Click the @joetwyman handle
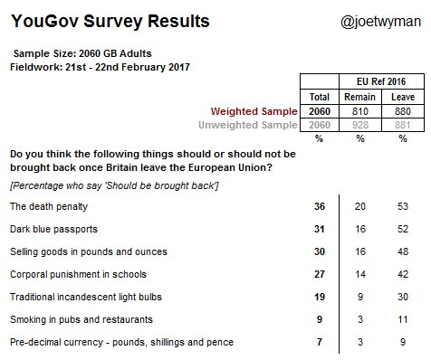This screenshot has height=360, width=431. [x=380, y=22]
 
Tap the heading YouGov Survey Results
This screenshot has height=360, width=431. [x=110, y=22]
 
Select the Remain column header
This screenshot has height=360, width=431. [x=359, y=97]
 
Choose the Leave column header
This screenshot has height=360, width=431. [x=403, y=97]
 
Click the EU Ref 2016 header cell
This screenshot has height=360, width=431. [x=381, y=81]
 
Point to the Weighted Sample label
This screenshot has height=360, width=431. [x=254, y=111]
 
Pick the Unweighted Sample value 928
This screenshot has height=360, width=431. [x=360, y=125]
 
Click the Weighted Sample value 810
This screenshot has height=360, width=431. [x=360, y=111]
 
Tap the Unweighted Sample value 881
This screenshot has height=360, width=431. [x=403, y=125]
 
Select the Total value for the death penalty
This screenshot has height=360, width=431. [x=320, y=206]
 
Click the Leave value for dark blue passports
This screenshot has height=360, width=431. [x=403, y=229]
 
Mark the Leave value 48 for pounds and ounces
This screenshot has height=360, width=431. [x=403, y=251]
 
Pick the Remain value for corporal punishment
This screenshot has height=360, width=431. [x=360, y=274]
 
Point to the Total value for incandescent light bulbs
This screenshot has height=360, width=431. [x=320, y=297]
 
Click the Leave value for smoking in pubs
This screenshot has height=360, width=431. [x=403, y=319]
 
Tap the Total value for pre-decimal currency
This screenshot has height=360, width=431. [x=320, y=342]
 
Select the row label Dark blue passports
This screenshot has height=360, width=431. [x=53, y=229]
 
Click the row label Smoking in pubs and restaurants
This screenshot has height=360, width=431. [x=81, y=319]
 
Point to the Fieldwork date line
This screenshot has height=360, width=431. [x=100, y=67]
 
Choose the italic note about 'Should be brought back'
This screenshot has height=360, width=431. [x=114, y=185]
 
